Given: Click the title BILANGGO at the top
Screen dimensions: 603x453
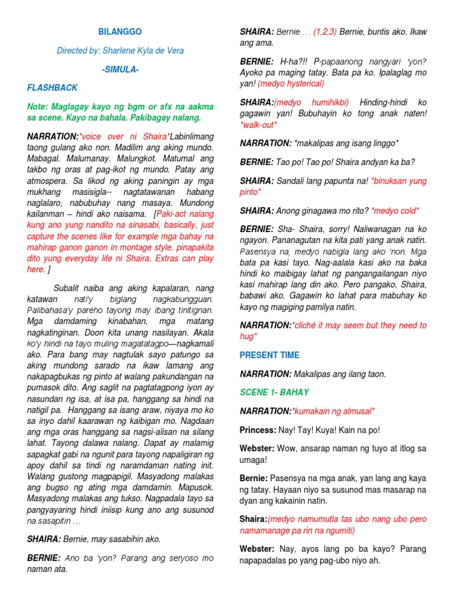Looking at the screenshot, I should [x=120, y=31].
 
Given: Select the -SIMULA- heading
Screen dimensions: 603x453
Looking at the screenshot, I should [x=120, y=69].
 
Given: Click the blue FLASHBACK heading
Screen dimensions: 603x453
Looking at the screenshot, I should [x=52, y=88].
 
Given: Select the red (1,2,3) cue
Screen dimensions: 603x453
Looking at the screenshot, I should [x=325, y=31].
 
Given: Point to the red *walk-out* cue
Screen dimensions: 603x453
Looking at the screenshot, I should [x=258, y=125].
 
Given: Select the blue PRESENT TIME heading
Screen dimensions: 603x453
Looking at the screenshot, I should [x=270, y=355].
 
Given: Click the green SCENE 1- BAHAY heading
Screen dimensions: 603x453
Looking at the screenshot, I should [x=274, y=392].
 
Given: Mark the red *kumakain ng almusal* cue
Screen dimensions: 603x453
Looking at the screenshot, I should [x=334, y=411].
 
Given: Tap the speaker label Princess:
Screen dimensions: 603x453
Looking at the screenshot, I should [x=258, y=429].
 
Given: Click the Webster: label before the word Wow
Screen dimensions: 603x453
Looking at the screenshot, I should [x=257, y=448].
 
